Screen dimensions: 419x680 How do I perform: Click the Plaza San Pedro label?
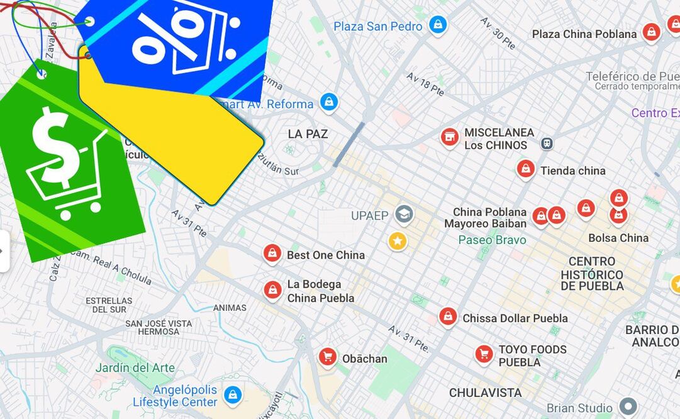click(378, 26)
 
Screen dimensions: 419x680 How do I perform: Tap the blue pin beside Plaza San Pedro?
click(438, 25)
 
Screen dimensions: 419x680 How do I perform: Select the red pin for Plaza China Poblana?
click(651, 31)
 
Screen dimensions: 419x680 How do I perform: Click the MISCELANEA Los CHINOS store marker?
click(449, 137)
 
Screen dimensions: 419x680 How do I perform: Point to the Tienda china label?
click(572, 170)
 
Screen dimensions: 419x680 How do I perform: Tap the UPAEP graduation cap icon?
click(404, 215)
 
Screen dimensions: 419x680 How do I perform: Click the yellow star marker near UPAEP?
click(397, 240)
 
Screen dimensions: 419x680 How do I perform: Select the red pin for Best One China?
click(272, 253)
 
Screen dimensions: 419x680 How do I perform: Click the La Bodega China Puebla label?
click(320, 291)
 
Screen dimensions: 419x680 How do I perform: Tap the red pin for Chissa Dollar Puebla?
click(447, 316)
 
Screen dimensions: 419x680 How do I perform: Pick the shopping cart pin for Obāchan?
click(327, 357)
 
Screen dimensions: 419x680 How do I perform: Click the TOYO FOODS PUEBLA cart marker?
click(484, 354)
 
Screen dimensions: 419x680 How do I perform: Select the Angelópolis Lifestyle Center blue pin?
click(233, 394)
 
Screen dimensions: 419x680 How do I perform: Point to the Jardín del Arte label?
click(135, 367)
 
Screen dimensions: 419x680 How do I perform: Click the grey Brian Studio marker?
click(628, 406)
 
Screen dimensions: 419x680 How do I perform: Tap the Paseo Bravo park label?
click(492, 240)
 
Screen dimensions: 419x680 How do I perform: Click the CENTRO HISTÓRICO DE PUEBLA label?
click(592, 274)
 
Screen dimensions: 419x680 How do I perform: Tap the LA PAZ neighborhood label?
click(308, 134)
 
